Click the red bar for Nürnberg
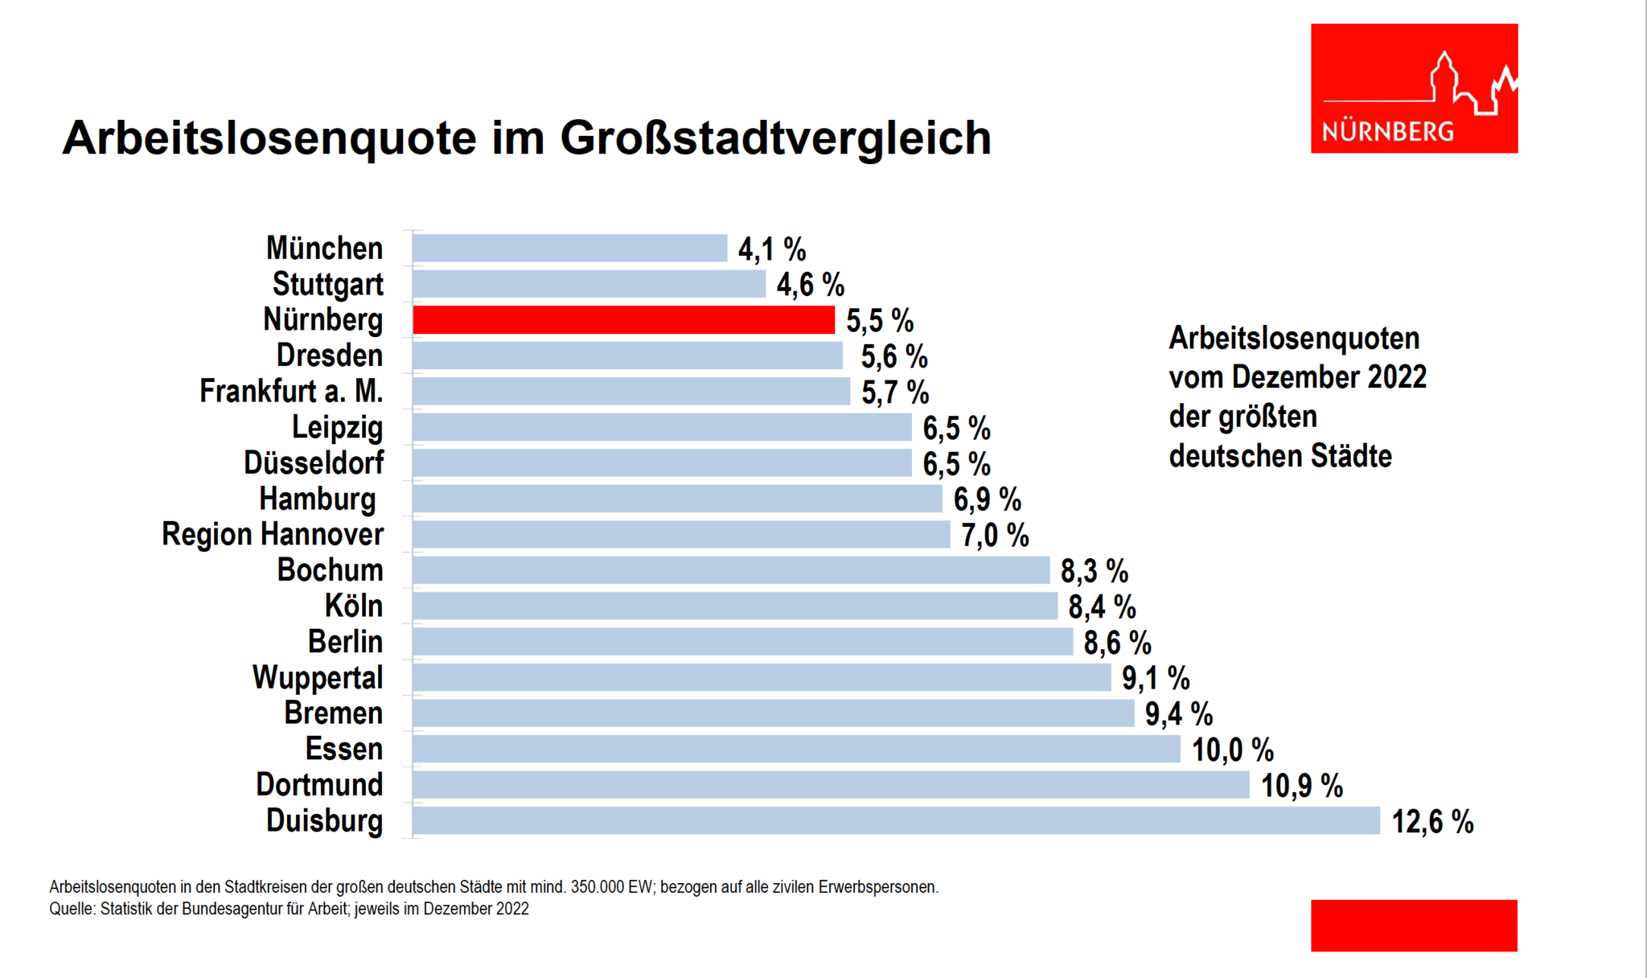(x=623, y=320)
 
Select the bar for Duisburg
(x=896, y=821)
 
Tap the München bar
(x=569, y=249)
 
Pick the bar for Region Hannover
(x=680, y=535)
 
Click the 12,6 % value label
(x=1432, y=822)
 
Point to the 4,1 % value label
(x=772, y=249)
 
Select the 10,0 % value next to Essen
(x=1232, y=750)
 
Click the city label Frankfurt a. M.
(x=291, y=392)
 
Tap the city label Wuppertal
(x=318, y=678)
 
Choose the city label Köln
(x=354, y=606)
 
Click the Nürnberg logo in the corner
(x=1414, y=88)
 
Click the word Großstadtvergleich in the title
(x=775, y=138)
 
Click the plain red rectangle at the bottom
(x=1414, y=926)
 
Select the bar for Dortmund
(x=831, y=785)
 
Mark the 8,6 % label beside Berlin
(x=1117, y=643)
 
